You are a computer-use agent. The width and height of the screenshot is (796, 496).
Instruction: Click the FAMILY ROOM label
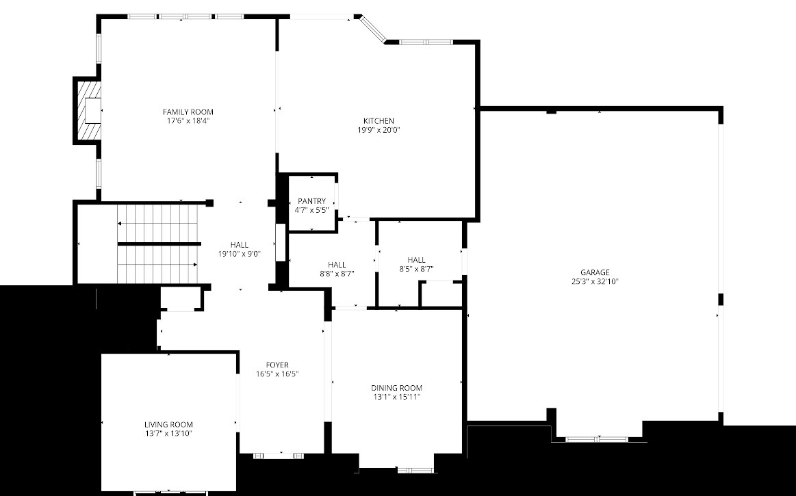[x=188, y=112]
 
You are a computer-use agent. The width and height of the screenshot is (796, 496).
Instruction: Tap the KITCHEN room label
[x=378, y=121]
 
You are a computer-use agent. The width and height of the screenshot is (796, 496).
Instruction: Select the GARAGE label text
[x=594, y=272]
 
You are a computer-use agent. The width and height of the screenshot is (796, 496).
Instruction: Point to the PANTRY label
[x=311, y=201]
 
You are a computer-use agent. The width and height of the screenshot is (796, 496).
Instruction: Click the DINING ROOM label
[x=397, y=388]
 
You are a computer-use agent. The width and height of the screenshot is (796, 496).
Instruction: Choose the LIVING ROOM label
[x=168, y=424]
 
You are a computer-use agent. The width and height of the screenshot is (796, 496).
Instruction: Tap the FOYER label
[x=277, y=365]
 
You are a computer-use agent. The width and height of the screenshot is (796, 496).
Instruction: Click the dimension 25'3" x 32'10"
[x=594, y=281]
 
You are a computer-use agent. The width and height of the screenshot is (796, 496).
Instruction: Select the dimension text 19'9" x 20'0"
[x=378, y=130]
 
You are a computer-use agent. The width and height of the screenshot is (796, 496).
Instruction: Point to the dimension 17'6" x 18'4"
[x=188, y=120]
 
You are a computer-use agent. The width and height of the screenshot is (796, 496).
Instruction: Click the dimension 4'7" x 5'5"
[x=311, y=210]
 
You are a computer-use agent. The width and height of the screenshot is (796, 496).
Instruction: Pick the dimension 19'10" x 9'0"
[x=240, y=253]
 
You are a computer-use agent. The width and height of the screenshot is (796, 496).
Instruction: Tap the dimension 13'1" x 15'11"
[x=397, y=397]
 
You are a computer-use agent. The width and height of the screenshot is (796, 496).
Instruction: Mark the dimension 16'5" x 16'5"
[x=277, y=374]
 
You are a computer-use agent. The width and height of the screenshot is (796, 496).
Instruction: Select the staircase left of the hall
[x=158, y=244]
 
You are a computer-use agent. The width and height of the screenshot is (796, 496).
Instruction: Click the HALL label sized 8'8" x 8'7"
[x=337, y=265]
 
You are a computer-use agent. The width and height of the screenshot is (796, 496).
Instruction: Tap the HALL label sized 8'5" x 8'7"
[x=416, y=260]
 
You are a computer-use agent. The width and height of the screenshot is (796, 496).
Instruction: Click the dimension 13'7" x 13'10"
[x=168, y=433]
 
